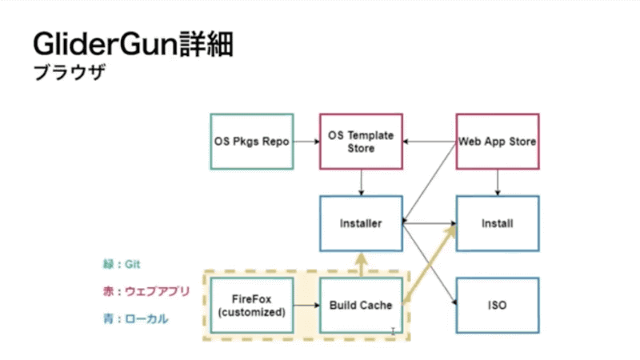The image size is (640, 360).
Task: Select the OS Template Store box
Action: coord(361,142)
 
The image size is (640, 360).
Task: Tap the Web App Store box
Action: coord(497,142)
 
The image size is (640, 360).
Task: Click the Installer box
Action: coord(361,223)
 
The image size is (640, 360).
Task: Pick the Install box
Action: coord(497,223)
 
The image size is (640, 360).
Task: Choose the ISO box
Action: coord(497,305)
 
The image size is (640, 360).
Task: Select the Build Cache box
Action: coord(361,306)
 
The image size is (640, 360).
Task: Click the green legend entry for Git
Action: coord(116,263)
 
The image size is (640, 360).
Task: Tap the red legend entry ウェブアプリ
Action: coord(140,291)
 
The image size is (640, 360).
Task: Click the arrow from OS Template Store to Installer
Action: coord(361,182)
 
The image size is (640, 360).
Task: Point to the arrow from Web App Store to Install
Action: coord(498,182)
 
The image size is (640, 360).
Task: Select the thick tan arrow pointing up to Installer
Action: coord(361,264)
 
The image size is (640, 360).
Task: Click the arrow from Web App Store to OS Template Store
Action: coord(429,142)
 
